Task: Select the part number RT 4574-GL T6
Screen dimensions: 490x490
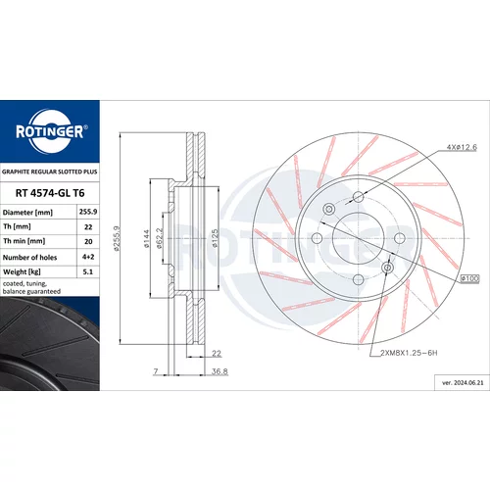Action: (50, 193)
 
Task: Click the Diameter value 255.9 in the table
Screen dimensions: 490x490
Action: (88, 212)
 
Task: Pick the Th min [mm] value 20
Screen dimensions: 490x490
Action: (88, 241)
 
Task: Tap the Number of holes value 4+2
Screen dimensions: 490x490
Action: (88, 257)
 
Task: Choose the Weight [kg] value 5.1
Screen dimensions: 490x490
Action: (88, 271)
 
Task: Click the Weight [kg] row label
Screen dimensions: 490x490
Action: (22, 271)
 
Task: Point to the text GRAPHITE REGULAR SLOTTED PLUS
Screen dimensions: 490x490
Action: (50, 171)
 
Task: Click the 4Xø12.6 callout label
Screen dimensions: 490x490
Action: (462, 147)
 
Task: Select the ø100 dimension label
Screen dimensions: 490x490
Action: (469, 278)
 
